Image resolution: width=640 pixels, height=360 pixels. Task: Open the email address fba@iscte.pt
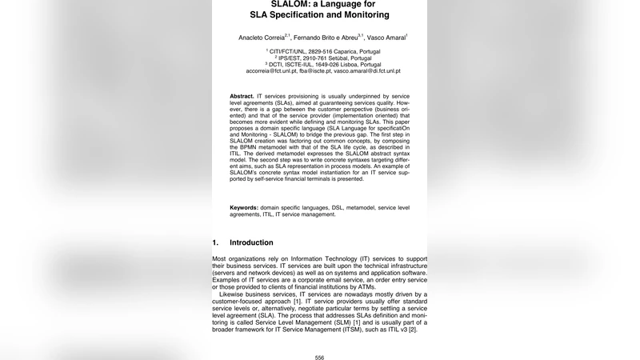click(314, 71)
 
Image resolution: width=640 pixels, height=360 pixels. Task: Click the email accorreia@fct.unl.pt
click(271, 71)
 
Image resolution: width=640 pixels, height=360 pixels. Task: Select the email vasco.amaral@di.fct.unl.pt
click(367, 71)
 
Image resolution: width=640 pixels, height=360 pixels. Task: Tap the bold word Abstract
click(242, 95)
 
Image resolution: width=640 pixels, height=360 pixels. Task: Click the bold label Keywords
click(244, 208)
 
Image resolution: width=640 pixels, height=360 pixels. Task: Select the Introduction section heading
click(251, 242)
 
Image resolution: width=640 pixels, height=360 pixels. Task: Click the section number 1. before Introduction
click(215, 242)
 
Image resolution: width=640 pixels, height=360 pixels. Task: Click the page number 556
click(320, 358)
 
